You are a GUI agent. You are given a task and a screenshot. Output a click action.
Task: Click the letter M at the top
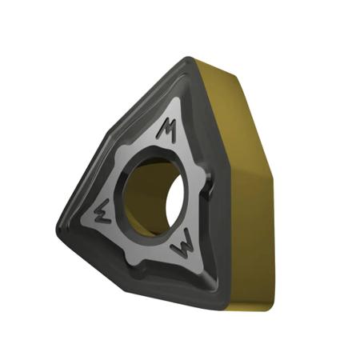(x=167, y=130)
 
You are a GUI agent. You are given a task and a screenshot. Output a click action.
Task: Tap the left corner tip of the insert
(x=60, y=222)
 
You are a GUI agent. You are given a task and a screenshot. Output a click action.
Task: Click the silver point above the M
(x=177, y=104)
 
